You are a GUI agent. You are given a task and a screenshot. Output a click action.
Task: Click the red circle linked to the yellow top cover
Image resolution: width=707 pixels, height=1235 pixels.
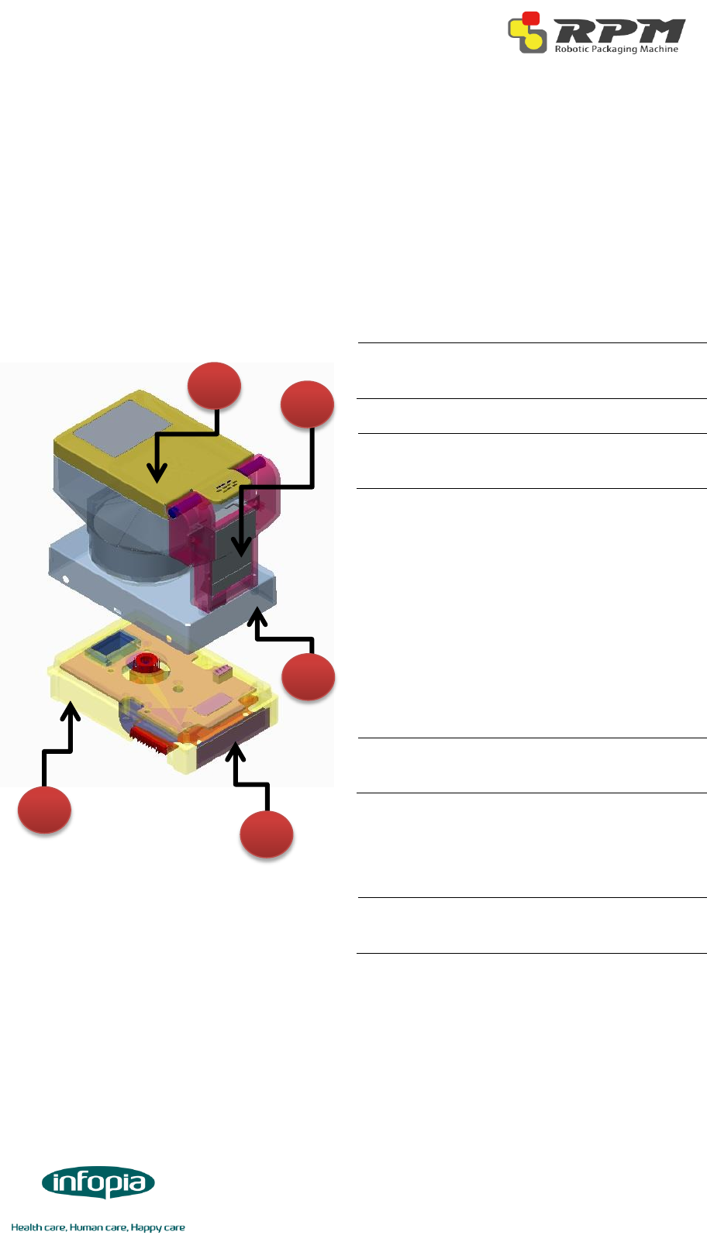point(215,386)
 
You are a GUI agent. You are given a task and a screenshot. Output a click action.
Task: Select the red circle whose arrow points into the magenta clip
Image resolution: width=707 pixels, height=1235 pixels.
point(307,404)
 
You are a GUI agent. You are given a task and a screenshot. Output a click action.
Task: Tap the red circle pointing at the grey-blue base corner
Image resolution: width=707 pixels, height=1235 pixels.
point(308,676)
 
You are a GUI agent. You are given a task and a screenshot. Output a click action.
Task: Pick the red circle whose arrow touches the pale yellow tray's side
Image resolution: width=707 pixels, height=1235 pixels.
point(45,810)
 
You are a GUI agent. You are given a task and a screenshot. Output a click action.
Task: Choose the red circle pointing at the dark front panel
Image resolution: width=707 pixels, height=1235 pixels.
point(266,834)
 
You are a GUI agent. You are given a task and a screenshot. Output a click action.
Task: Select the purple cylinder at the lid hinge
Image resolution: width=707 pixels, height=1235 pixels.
point(253,466)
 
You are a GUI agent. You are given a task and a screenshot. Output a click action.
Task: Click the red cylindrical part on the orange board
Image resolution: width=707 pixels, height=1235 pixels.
point(146,663)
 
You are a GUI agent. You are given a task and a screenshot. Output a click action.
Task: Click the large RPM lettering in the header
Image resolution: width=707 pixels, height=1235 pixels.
point(618,32)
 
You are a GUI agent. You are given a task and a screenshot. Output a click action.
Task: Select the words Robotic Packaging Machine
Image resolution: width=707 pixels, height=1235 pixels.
point(616,49)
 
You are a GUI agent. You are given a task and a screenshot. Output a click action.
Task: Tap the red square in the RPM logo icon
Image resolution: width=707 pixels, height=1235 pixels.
point(531,19)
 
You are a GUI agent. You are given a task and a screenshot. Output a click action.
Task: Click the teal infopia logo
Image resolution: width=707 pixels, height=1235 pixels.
point(98,1183)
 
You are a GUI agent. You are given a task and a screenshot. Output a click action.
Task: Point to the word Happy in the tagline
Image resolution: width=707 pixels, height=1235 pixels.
point(144,1227)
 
